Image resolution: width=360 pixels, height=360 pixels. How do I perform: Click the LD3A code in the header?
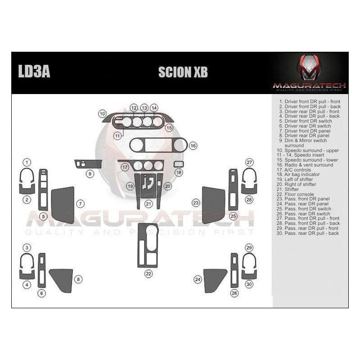[34, 72]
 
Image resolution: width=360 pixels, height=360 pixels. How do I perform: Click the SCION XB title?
[183, 72]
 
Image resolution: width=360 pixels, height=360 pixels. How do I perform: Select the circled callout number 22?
[148, 273]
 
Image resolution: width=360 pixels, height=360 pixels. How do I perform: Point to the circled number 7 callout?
[80, 204]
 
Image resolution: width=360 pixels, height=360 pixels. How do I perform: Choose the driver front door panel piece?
[62, 205]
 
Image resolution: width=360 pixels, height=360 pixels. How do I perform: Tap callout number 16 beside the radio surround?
[193, 146]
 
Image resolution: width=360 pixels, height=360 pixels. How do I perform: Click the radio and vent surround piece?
[158, 145]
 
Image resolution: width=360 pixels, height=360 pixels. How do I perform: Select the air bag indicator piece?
[179, 164]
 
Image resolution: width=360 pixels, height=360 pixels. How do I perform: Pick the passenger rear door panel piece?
[214, 279]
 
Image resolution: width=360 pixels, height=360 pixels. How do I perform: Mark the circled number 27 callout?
[249, 162]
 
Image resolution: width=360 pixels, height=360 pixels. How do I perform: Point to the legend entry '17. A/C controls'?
[301, 170]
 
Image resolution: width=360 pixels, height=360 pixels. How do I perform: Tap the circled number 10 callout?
[103, 114]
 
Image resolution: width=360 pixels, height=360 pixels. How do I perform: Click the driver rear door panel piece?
[61, 279]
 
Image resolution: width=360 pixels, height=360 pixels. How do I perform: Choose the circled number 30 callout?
[249, 284]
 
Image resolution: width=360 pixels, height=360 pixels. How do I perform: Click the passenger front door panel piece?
[213, 205]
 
